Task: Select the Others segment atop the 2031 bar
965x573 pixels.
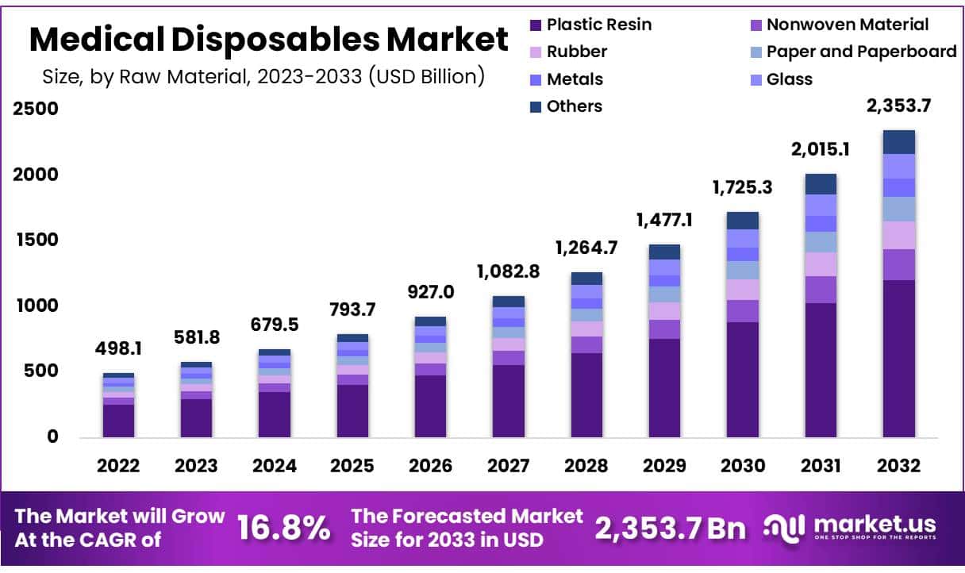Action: tap(821, 184)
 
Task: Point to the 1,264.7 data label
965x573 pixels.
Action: tap(586, 247)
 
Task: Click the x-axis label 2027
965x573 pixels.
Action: tap(508, 466)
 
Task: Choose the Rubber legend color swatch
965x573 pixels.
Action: tap(536, 52)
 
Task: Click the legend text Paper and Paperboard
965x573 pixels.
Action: tap(861, 52)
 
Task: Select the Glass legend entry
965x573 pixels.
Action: tap(789, 79)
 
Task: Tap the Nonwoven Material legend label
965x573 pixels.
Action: tap(848, 25)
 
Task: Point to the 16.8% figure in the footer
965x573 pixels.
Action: tap(284, 528)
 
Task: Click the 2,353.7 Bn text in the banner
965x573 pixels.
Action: tap(671, 528)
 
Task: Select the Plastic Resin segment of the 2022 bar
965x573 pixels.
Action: tap(118, 421)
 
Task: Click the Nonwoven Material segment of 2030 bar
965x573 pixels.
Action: tap(743, 311)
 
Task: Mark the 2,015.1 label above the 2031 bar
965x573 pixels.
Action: tap(821, 150)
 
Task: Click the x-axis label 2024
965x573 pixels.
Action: tap(274, 466)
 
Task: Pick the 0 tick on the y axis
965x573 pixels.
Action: tap(52, 437)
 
